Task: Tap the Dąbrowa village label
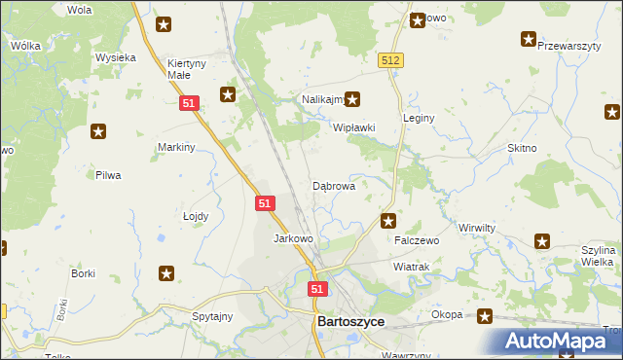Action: click(x=333, y=185)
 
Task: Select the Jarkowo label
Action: click(x=293, y=238)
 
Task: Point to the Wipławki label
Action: click(x=354, y=128)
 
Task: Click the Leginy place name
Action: click(x=419, y=118)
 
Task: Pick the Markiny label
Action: click(x=177, y=147)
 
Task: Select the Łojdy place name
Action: click(x=196, y=217)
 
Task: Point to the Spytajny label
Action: click(x=212, y=316)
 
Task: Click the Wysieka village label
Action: click(x=115, y=57)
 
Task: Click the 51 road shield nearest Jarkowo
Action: click(x=266, y=202)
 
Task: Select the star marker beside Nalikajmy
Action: click(x=353, y=98)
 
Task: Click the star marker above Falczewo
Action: click(x=388, y=221)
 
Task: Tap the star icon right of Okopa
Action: click(x=485, y=315)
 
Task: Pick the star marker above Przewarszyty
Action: click(x=529, y=40)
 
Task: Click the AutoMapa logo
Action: click(x=560, y=340)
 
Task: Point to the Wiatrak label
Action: click(x=411, y=266)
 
